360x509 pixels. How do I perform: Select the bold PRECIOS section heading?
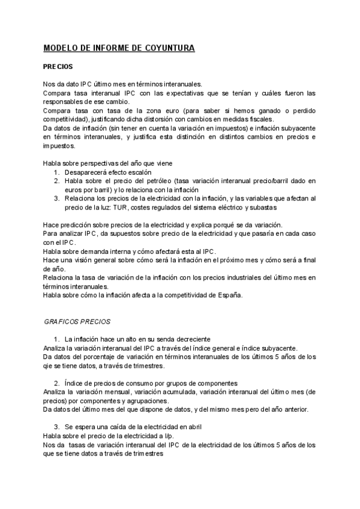click(x=58, y=68)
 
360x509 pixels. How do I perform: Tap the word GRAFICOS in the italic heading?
click(x=61, y=322)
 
